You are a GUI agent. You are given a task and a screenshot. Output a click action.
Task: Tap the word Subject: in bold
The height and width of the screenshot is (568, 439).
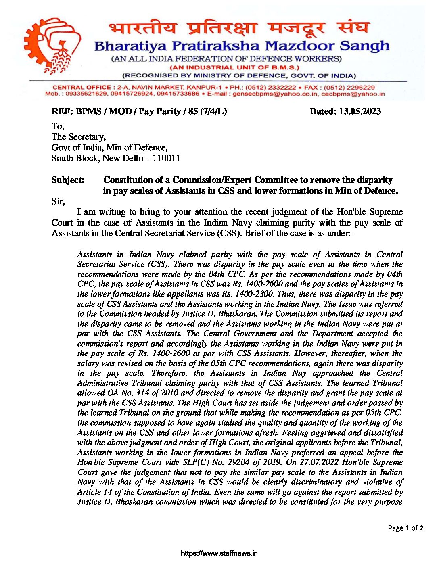click(68, 180)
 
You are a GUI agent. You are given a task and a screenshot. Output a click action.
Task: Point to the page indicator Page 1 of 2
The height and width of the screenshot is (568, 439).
click(406, 528)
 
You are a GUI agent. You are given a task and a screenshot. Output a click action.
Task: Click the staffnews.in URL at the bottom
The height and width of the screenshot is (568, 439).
click(219, 553)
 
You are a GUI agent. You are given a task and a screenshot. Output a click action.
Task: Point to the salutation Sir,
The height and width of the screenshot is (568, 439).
click(58, 201)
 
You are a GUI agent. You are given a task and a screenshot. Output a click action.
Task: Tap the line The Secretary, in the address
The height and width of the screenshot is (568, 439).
click(79, 137)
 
